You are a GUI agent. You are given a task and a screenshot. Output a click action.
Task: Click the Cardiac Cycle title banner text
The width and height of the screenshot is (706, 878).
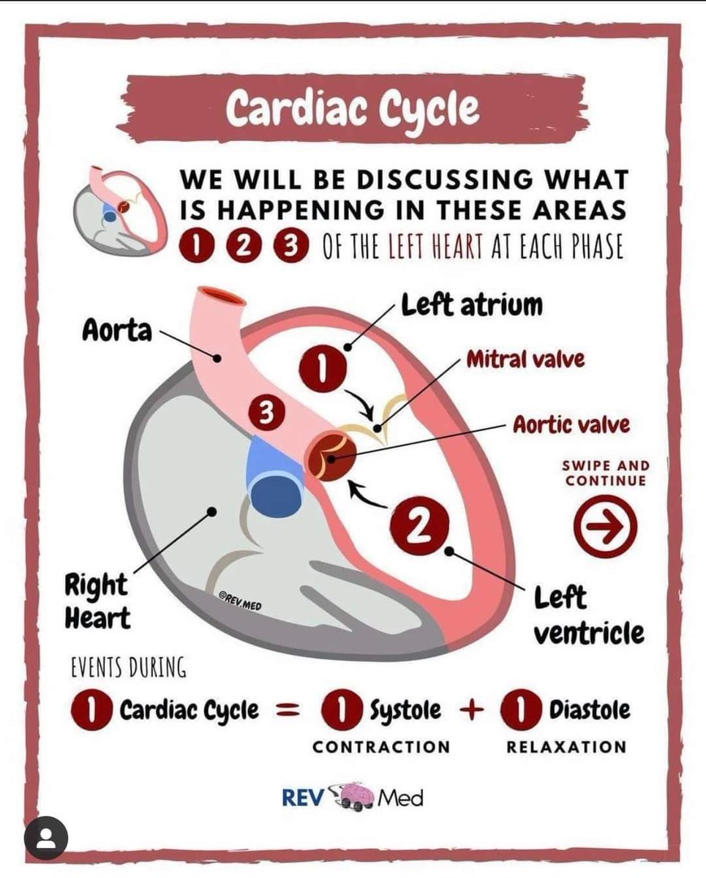353,108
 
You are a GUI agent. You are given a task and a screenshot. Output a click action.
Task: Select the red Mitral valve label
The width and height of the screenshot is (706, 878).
526,359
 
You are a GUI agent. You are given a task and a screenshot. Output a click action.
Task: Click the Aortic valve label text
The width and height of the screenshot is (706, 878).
571,424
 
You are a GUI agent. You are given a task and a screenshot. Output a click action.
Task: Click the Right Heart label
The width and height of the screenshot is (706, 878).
97,601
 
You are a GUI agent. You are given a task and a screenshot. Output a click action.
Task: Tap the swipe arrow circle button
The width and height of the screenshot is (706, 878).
605,528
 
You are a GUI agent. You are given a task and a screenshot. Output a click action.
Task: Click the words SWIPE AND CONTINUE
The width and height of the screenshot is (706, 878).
605,473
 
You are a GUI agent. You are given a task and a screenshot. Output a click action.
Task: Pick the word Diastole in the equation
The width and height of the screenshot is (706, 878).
589,710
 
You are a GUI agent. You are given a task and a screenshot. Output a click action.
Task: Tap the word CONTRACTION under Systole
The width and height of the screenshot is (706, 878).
380,747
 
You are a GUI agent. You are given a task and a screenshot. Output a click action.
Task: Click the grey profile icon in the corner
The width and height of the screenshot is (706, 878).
45,835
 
